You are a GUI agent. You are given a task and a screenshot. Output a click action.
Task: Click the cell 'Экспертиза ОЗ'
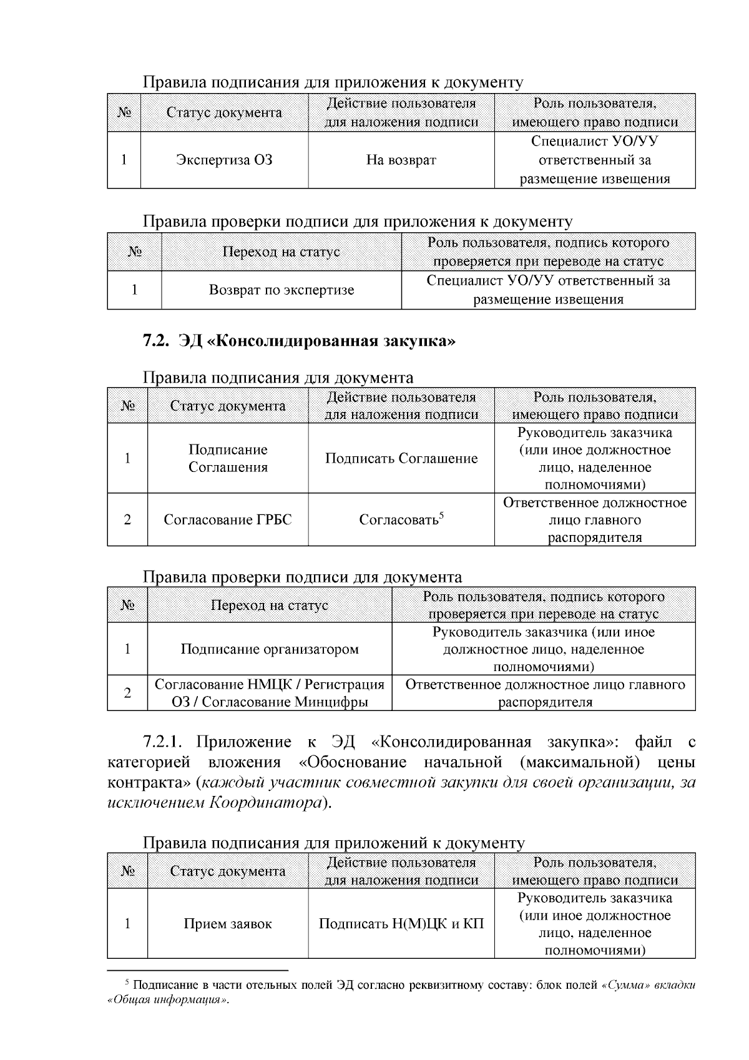point(224,160)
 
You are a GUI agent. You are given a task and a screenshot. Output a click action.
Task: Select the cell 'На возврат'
point(401,160)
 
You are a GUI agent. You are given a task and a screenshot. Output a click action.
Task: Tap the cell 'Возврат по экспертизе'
point(281,290)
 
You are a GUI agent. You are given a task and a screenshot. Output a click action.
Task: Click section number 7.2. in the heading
point(156,341)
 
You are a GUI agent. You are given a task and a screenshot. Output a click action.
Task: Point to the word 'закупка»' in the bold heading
point(421,341)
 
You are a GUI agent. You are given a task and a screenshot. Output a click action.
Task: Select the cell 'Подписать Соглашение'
point(401,459)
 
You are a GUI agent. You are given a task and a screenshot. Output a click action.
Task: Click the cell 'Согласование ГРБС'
point(227,520)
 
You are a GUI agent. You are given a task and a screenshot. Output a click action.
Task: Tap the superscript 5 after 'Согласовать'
point(441,515)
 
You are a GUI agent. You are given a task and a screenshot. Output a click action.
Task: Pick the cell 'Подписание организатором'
point(270,649)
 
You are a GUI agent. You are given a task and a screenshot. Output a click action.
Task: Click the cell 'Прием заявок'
point(227,924)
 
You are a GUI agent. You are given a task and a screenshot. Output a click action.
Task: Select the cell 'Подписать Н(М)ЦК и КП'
point(401,924)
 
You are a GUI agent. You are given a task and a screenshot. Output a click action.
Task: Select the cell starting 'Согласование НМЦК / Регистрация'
point(270,693)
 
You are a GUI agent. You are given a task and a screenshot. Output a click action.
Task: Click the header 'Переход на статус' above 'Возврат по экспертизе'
point(281,252)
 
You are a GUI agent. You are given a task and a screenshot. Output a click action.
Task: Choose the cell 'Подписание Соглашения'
point(227,459)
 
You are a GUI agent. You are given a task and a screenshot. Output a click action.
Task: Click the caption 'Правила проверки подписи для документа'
point(302,577)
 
